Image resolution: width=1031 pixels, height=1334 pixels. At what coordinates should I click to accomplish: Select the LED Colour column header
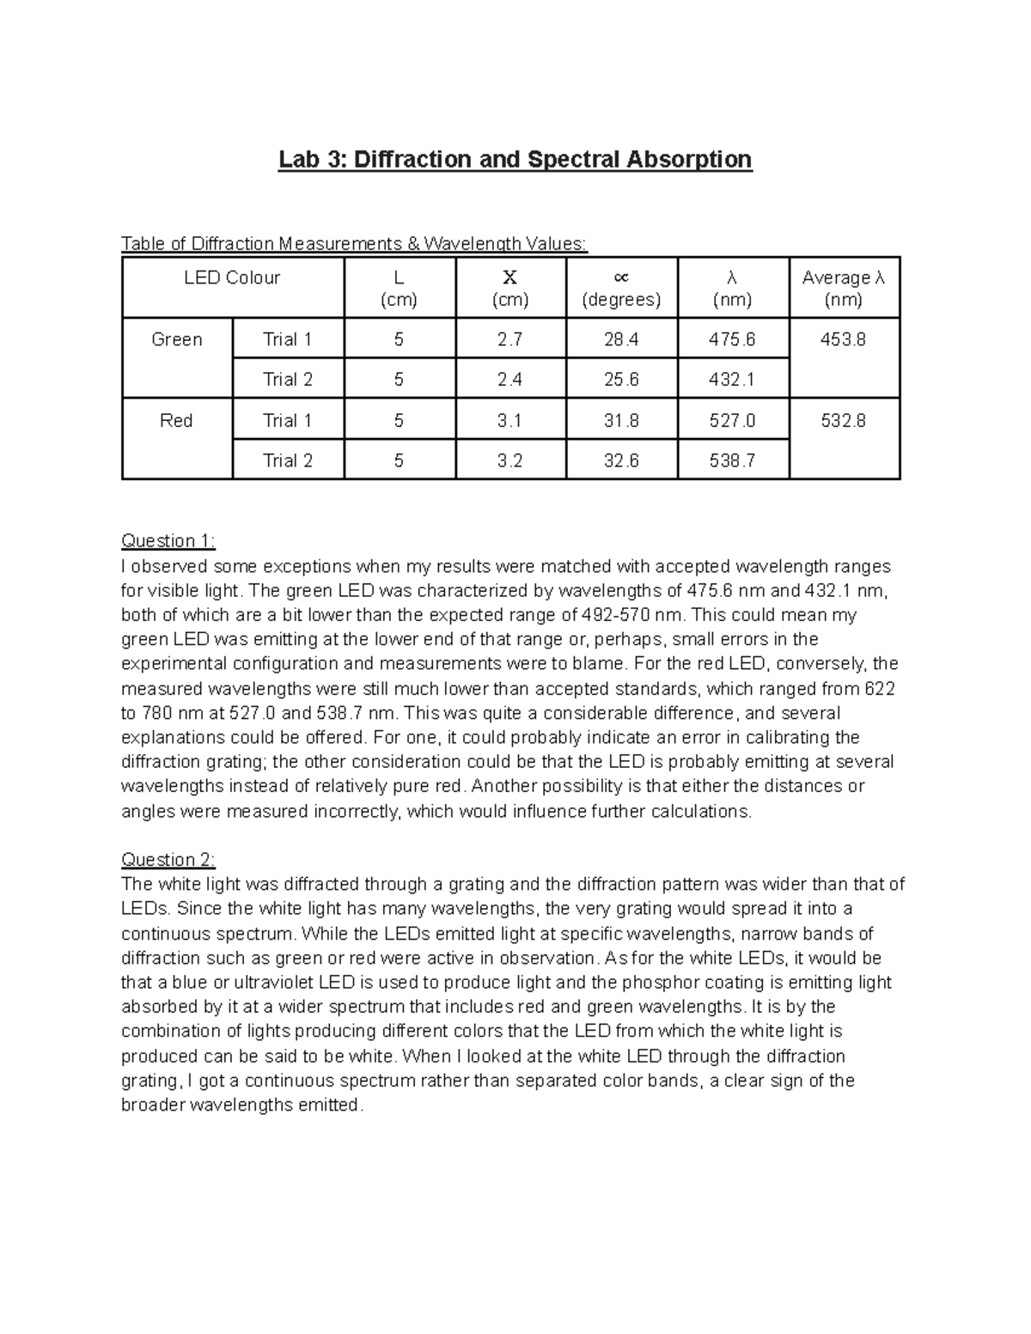(x=232, y=278)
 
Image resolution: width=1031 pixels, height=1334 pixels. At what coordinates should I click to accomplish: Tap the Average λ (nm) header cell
(x=844, y=289)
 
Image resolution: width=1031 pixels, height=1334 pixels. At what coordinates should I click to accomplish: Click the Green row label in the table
(x=177, y=340)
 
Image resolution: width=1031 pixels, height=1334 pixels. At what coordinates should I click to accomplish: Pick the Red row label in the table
(x=176, y=421)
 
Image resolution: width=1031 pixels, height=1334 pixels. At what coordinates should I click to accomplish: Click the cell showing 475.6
(x=732, y=340)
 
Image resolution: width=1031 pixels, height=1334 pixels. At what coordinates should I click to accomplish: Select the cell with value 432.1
(x=732, y=380)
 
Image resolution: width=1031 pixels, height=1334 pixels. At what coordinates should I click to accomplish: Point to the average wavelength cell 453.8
(x=843, y=340)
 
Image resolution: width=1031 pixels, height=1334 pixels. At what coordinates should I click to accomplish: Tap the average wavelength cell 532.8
(x=843, y=421)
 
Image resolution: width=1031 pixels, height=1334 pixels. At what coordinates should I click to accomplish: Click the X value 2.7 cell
(x=509, y=340)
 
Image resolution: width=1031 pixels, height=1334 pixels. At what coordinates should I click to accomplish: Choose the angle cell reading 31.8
(x=621, y=421)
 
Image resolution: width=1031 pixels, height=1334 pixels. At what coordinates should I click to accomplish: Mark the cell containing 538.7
(x=732, y=461)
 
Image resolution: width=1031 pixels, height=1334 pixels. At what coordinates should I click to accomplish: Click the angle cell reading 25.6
(x=621, y=380)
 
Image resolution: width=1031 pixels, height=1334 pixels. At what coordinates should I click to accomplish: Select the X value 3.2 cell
(x=509, y=461)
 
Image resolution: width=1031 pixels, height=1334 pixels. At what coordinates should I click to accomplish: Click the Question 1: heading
(x=168, y=541)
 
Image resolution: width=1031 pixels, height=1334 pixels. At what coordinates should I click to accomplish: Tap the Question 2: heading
(x=168, y=860)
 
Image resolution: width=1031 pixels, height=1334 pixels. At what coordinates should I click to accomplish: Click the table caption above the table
(x=354, y=244)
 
